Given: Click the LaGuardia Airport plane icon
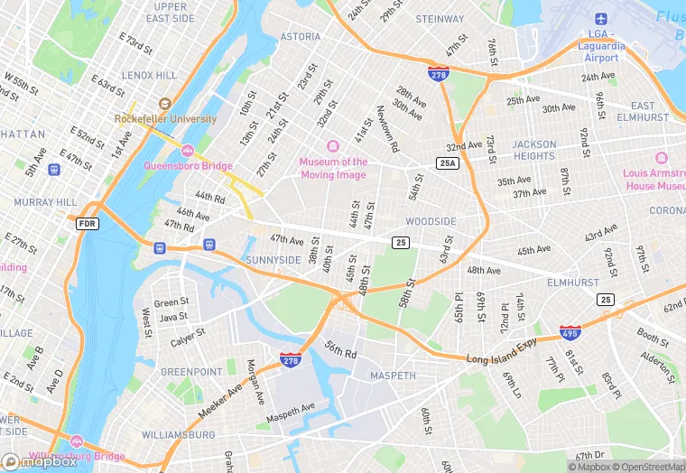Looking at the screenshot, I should click(x=601, y=19).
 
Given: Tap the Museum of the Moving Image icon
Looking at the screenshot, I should click(x=333, y=146).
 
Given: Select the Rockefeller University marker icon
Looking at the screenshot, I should click(x=164, y=104).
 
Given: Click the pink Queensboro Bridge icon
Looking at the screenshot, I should click(x=188, y=150).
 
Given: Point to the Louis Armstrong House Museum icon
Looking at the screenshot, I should click(x=660, y=158).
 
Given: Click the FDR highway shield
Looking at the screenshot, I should click(x=87, y=223).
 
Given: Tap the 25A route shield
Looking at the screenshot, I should click(x=447, y=163).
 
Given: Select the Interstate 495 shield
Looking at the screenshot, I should click(x=570, y=332).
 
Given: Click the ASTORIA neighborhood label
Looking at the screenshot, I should click(x=301, y=37).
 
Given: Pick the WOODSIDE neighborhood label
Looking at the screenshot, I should click(x=431, y=221).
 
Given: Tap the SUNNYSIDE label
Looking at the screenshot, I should click(x=273, y=260).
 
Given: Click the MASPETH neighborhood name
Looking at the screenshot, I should click(x=393, y=376).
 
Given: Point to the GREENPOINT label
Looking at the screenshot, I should click(x=190, y=372).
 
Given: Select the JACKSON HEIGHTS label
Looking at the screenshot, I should click(x=534, y=150).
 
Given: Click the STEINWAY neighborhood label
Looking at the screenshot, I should click(x=440, y=18).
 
